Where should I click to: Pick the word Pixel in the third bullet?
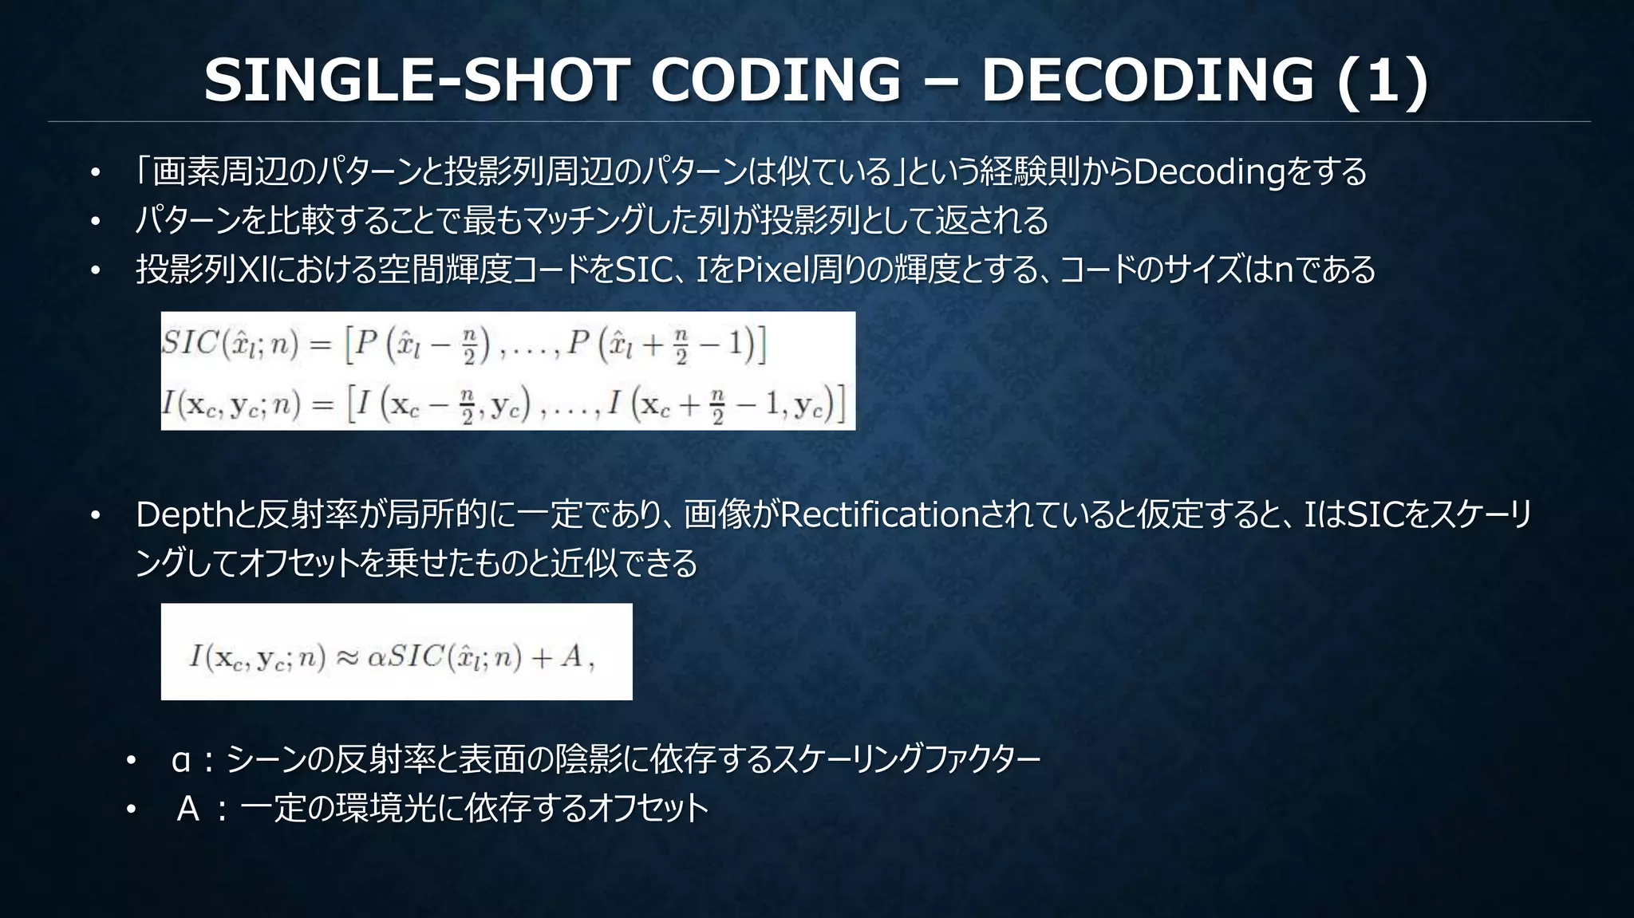click(771, 270)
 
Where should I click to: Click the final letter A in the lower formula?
click(571, 656)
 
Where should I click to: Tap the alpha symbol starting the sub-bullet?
click(181, 760)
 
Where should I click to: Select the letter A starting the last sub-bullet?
click(188, 810)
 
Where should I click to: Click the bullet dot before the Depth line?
click(95, 517)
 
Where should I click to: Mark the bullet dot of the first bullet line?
click(95, 173)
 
